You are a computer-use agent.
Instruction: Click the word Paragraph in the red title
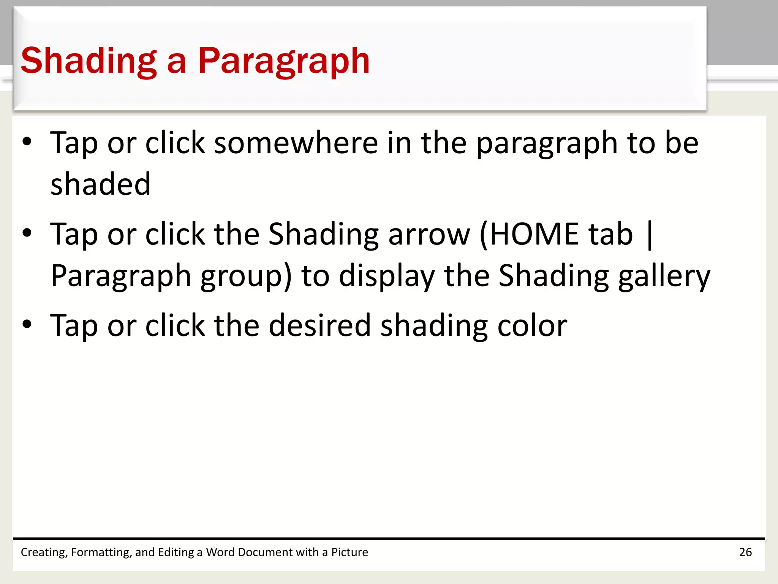(x=283, y=61)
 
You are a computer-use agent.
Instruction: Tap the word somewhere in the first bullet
(x=296, y=143)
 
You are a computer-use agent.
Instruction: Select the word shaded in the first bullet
(x=101, y=184)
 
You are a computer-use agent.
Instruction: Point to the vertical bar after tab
(x=649, y=235)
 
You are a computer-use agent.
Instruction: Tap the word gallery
(x=664, y=276)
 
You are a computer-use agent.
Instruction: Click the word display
(x=387, y=276)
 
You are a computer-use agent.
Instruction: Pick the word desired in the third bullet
(x=319, y=325)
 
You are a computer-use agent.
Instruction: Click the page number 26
(x=745, y=552)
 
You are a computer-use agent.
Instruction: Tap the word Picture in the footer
(x=349, y=552)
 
